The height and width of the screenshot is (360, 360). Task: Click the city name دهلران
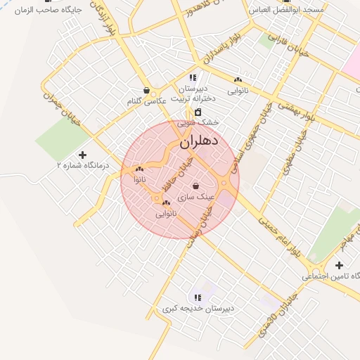(200, 142)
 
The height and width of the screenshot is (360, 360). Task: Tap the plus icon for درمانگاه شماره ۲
(83, 154)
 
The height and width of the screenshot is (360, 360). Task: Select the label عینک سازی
(191, 198)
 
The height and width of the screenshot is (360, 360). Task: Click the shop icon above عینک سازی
(195, 186)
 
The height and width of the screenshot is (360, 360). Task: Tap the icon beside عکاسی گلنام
(146, 91)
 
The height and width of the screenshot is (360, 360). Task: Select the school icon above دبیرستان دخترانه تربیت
(193, 77)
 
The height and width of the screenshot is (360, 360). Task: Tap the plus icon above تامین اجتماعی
(339, 265)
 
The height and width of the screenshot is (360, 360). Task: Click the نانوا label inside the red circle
(140, 180)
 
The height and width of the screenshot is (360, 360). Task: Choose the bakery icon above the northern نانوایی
(238, 79)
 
